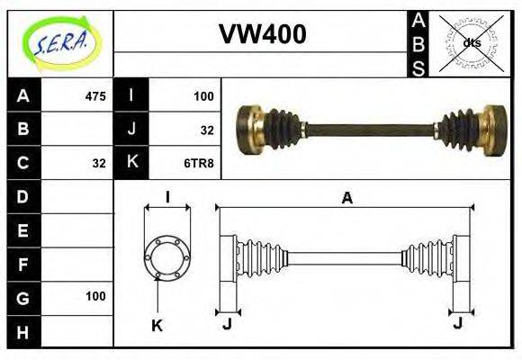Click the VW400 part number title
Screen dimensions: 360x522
click(x=262, y=33)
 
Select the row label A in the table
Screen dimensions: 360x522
click(x=23, y=96)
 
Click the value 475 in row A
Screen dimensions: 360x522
click(x=94, y=96)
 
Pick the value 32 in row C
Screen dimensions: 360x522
click(x=99, y=163)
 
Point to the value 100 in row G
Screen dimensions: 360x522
click(x=95, y=296)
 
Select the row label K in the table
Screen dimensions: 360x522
click(x=131, y=163)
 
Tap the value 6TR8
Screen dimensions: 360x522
click(x=197, y=163)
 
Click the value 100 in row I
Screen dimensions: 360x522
click(x=202, y=96)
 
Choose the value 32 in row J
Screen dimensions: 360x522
click(x=206, y=130)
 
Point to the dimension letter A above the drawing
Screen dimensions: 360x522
click(x=346, y=198)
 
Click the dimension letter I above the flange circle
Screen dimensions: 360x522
click(x=167, y=197)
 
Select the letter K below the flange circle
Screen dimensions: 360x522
click(x=157, y=325)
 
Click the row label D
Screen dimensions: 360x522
click(x=23, y=196)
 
